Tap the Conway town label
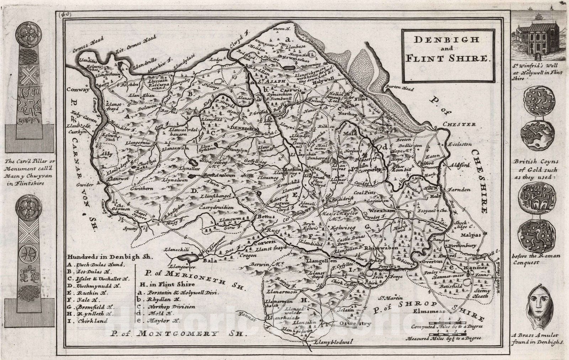[78, 90]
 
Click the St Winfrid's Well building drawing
[538, 39]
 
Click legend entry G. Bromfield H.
[91, 307]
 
